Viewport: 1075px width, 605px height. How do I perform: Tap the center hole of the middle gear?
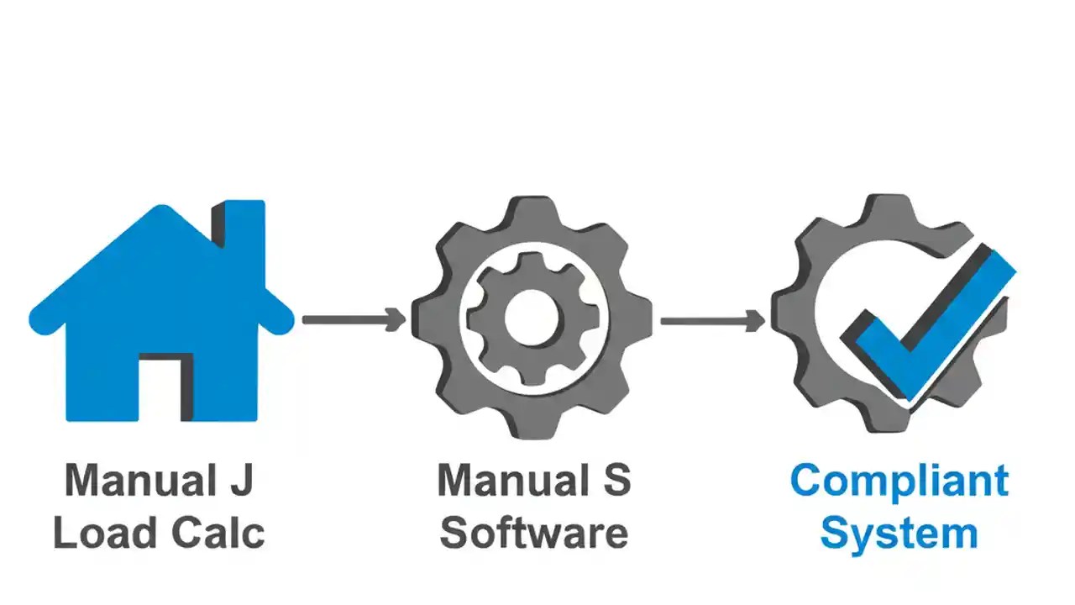click(532, 318)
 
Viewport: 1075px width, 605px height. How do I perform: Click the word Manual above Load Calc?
click(134, 480)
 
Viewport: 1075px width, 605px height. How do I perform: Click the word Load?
click(106, 533)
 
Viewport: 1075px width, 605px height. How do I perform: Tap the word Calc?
click(220, 533)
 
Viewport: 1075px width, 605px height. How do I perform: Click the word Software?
click(534, 533)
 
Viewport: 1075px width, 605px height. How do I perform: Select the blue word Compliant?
click(899, 480)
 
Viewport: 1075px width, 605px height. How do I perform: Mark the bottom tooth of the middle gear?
click(532, 423)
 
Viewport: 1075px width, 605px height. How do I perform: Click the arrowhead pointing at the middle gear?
click(396, 319)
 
